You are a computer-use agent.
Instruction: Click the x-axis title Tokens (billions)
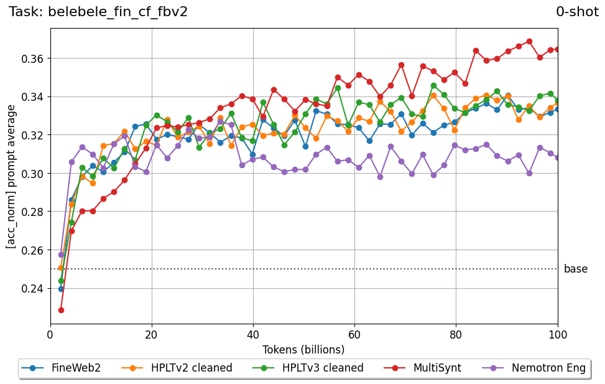(304, 349)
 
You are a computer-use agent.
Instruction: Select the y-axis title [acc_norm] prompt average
(11, 176)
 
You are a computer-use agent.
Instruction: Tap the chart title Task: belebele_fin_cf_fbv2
(98, 12)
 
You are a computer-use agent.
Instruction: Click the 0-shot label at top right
(577, 12)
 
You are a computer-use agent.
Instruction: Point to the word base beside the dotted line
(575, 269)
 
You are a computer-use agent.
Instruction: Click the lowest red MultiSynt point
(61, 310)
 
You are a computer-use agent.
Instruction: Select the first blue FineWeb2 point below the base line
(61, 289)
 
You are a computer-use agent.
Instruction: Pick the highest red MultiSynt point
(529, 42)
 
